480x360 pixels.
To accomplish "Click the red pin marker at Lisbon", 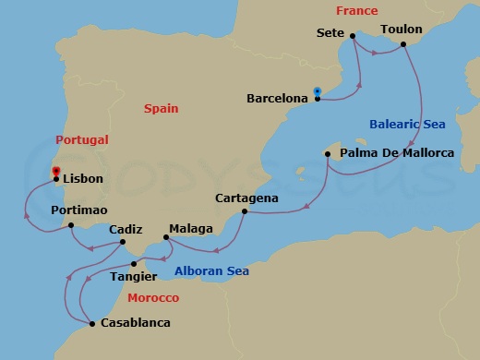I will [57, 172].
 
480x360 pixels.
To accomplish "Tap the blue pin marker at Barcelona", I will [317, 91].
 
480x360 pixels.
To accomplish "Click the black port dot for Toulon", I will [403, 43].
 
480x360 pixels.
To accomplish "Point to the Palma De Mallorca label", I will [397, 152].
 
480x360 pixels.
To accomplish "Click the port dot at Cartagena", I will [244, 212].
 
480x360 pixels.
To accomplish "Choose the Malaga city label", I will [191, 228].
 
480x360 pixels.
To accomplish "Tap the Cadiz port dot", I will [124, 244].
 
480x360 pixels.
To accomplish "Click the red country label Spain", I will [161, 108].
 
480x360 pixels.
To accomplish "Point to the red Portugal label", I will [82, 140].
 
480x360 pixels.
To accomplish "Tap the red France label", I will [356, 11].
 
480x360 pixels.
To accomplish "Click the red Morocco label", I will [153, 298].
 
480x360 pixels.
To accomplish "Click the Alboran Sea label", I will [211, 270].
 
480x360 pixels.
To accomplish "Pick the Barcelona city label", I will [277, 97].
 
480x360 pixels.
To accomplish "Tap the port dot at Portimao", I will [71, 225].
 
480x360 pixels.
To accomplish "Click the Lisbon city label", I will [84, 179].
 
